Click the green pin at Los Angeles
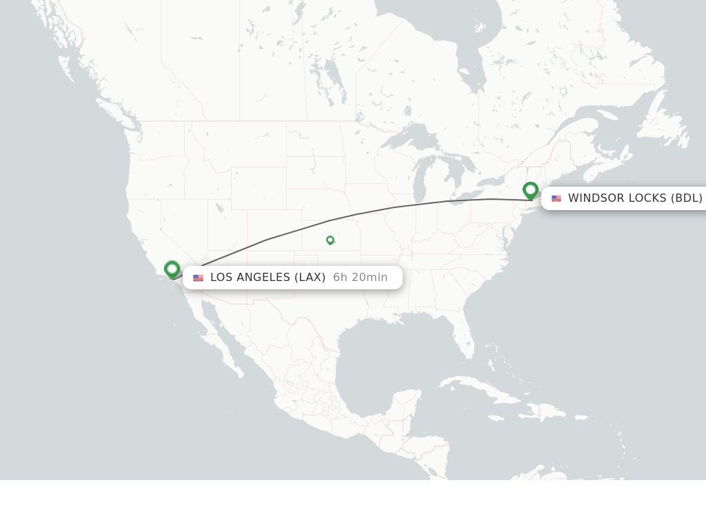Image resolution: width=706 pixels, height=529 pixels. click(172, 269)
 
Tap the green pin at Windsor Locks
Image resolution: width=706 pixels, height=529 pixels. click(530, 190)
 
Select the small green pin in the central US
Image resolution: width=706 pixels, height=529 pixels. click(330, 240)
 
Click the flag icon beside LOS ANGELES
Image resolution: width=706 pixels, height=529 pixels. click(199, 278)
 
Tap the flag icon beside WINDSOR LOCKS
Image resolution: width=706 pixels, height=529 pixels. click(556, 198)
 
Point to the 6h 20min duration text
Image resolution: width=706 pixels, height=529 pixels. click(360, 277)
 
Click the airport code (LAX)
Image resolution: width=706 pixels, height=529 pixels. click(310, 277)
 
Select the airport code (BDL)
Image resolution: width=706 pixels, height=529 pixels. click(687, 198)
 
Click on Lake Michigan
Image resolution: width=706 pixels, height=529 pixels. click(419, 182)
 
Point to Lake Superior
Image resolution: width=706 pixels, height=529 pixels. click(406, 138)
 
